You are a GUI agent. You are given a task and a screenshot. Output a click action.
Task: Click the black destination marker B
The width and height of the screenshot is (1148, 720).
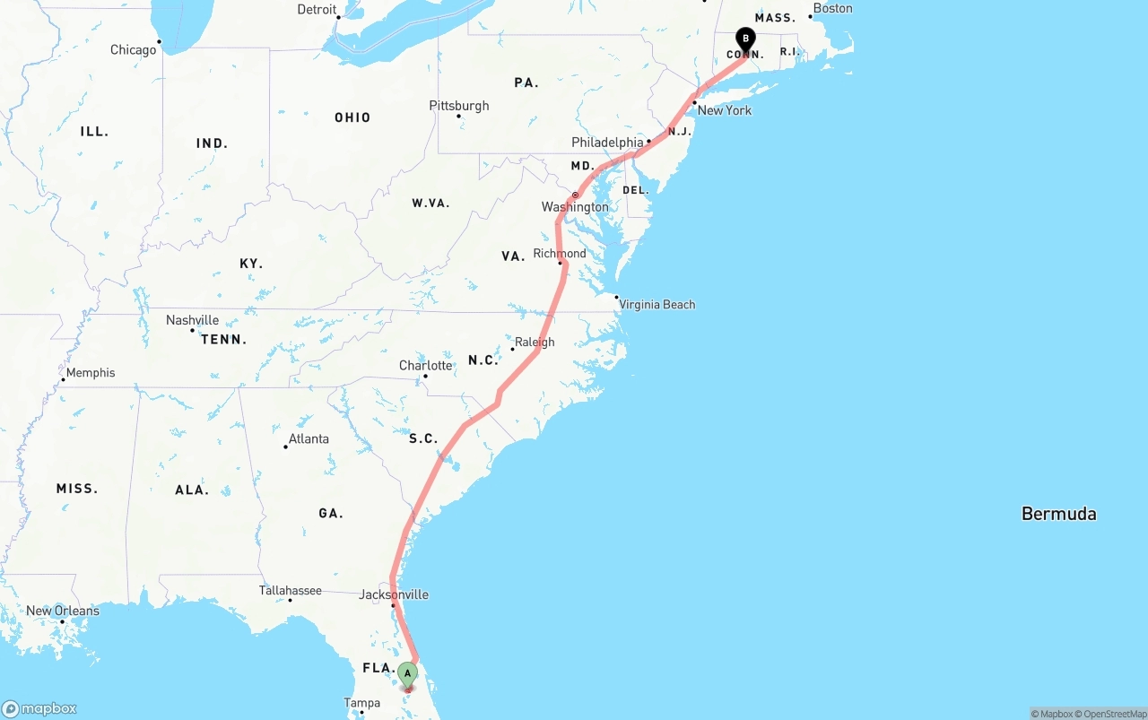[x=745, y=39]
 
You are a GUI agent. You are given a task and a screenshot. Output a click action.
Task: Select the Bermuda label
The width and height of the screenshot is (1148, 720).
[x=1058, y=514]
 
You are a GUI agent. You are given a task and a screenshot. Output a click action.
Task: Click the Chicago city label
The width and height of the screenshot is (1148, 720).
[x=133, y=50]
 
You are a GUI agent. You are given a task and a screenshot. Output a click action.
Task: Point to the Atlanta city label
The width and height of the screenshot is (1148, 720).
[x=308, y=438]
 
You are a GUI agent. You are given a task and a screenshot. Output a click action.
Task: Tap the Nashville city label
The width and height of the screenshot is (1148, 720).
[x=192, y=320]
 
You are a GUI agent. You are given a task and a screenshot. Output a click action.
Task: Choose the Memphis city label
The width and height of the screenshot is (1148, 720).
[x=90, y=373]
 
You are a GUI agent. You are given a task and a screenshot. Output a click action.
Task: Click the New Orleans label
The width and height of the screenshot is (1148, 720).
[x=63, y=611]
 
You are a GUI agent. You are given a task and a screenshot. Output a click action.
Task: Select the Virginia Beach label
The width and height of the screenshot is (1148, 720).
[x=657, y=304]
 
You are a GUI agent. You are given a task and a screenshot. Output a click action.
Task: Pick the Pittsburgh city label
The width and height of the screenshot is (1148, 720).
[x=459, y=106]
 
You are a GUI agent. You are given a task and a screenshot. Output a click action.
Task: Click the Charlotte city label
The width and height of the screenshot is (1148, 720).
[x=426, y=366]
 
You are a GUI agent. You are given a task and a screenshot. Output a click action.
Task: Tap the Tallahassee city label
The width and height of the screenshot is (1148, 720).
[x=290, y=590]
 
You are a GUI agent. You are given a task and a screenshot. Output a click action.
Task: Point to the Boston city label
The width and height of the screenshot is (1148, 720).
[x=833, y=9]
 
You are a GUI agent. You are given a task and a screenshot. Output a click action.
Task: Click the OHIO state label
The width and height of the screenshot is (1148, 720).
[x=352, y=117]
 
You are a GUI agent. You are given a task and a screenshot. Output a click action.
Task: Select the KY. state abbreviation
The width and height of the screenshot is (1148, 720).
[x=251, y=264]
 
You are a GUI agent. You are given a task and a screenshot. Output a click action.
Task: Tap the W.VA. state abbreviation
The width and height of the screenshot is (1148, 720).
[x=430, y=204]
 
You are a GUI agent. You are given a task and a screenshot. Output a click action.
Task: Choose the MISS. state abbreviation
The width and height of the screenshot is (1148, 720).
[x=77, y=489]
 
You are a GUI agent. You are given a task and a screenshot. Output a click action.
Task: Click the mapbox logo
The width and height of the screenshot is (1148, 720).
[x=39, y=708]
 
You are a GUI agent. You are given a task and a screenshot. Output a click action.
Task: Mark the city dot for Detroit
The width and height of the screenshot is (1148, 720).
[x=338, y=17]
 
